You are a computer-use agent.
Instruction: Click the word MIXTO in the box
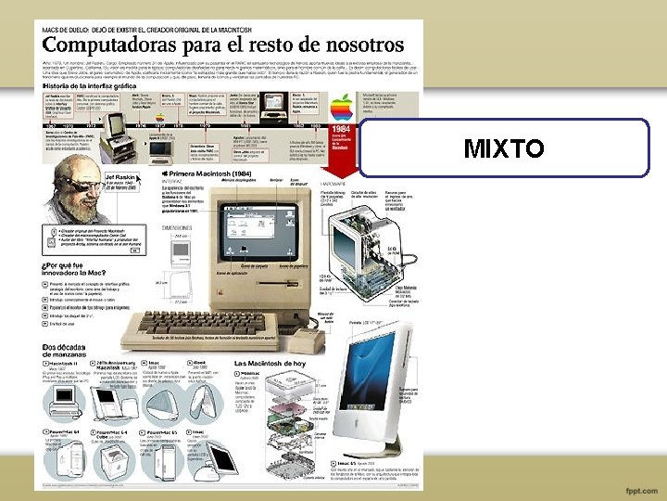504,148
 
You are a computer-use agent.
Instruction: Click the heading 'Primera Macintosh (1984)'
213,173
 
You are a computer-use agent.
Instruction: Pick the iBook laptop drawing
208,400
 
